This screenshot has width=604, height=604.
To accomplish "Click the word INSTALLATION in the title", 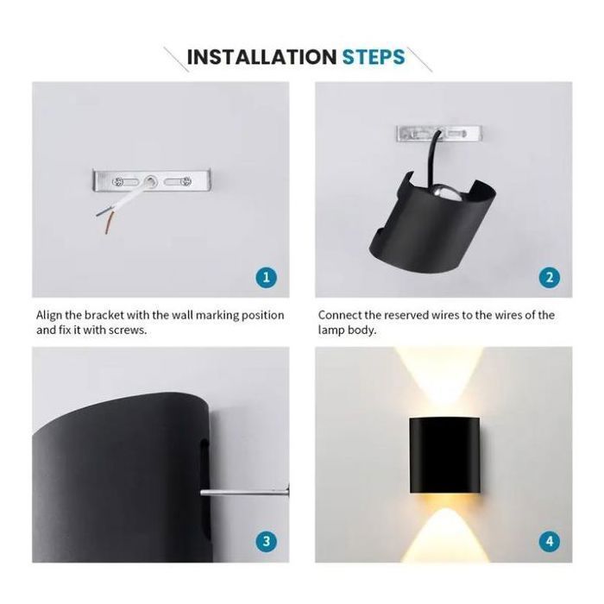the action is pyautogui.click(x=261, y=57).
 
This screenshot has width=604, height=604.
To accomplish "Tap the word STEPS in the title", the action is pyautogui.click(x=374, y=57).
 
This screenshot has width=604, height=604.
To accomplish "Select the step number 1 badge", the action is pyautogui.click(x=266, y=277).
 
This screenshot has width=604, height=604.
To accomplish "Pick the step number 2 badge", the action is pyautogui.click(x=550, y=277).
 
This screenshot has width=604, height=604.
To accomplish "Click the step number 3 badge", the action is pyautogui.click(x=266, y=542).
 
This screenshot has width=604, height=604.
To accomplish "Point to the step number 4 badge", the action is pyautogui.click(x=550, y=542).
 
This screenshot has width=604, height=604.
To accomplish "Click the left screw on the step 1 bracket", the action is pyautogui.click(x=118, y=181).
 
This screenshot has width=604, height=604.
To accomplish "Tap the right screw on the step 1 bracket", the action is pyautogui.click(x=187, y=180).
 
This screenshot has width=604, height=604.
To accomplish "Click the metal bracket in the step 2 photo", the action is pyautogui.click(x=439, y=134).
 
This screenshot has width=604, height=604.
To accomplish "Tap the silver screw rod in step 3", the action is pyautogui.click(x=244, y=492).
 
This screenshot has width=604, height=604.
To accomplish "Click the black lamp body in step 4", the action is pyautogui.click(x=444, y=455).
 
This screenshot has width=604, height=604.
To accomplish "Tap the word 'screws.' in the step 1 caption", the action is pyautogui.click(x=128, y=330).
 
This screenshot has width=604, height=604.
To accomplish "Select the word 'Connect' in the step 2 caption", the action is pyautogui.click(x=339, y=315).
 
